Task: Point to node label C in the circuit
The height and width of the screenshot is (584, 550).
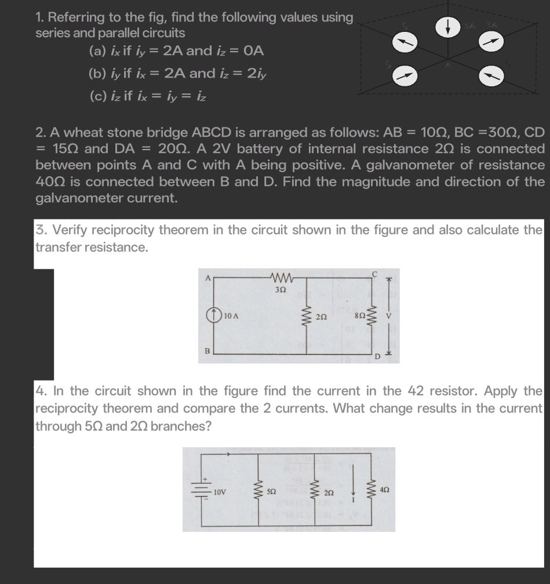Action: (x=375, y=273)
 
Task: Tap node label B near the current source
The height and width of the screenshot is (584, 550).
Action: (x=206, y=350)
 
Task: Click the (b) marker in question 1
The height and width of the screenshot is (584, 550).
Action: (x=94, y=74)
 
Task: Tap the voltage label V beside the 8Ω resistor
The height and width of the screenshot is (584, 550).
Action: (x=389, y=316)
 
